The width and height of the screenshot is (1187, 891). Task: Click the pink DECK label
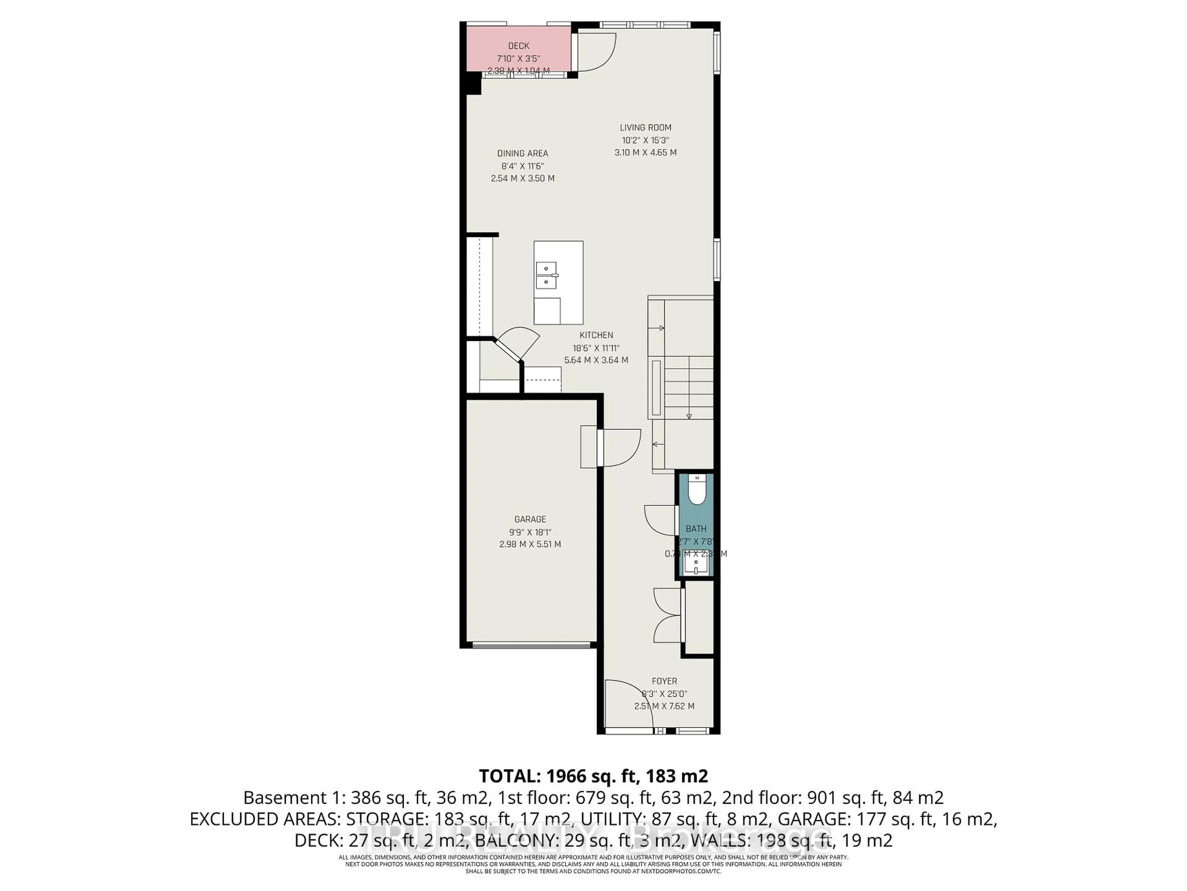[x=518, y=46]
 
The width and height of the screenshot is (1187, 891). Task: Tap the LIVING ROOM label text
[x=645, y=128]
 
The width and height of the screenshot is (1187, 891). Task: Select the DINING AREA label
[x=522, y=153]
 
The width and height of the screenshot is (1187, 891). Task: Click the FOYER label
[x=664, y=681]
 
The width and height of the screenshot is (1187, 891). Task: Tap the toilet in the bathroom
[x=696, y=490]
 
